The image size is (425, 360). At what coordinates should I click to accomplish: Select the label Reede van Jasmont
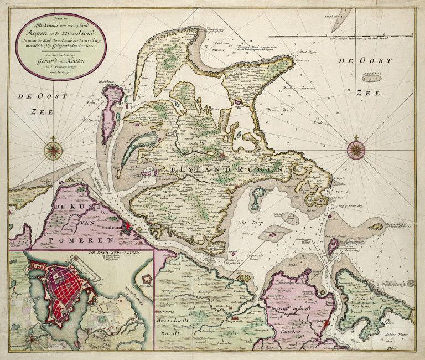[x=299, y=88]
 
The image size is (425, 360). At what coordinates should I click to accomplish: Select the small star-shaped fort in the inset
[x=147, y=280]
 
